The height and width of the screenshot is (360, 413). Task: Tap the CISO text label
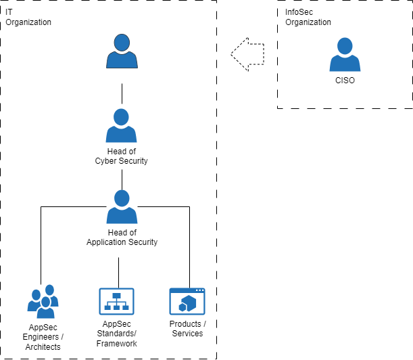pyautogui.click(x=345, y=81)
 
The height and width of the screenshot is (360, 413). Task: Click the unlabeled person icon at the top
pyautogui.click(x=122, y=52)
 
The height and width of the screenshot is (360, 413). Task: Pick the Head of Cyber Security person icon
pyautogui.click(x=122, y=125)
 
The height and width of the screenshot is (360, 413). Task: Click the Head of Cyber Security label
pyautogui.click(x=122, y=156)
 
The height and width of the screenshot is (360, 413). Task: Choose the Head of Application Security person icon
pyautogui.click(x=122, y=207)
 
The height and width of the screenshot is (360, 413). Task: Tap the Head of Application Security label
pyautogui.click(x=122, y=238)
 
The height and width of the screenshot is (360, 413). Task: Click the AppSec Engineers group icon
pyautogui.click(x=43, y=302)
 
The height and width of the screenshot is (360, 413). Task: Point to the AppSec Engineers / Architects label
pyautogui.click(x=42, y=337)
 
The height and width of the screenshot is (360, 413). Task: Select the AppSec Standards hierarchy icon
pyautogui.click(x=116, y=300)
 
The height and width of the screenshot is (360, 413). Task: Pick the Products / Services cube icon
pyautogui.click(x=187, y=300)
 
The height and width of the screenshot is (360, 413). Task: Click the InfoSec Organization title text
pyautogui.click(x=308, y=18)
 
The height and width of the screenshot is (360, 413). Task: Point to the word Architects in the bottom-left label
pyautogui.click(x=42, y=347)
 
